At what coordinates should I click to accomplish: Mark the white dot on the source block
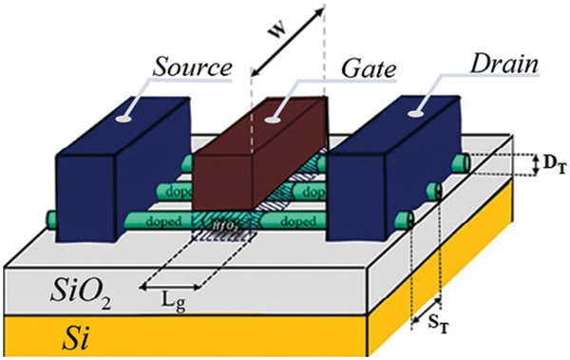click(x=123, y=120)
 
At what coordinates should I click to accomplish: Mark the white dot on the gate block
click(x=274, y=120)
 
